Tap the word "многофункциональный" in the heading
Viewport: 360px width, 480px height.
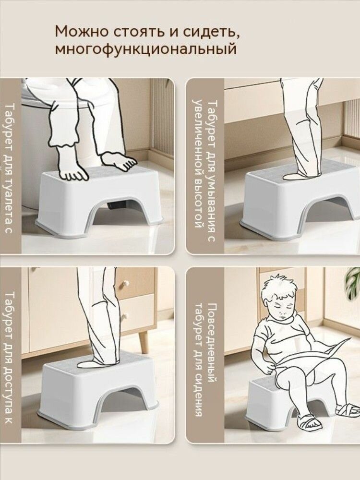coord(146,49)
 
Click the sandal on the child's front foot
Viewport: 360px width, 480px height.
coord(309,423)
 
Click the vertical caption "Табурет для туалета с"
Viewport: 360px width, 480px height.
coord(10,169)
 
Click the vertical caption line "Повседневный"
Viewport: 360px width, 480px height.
coord(212,343)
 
